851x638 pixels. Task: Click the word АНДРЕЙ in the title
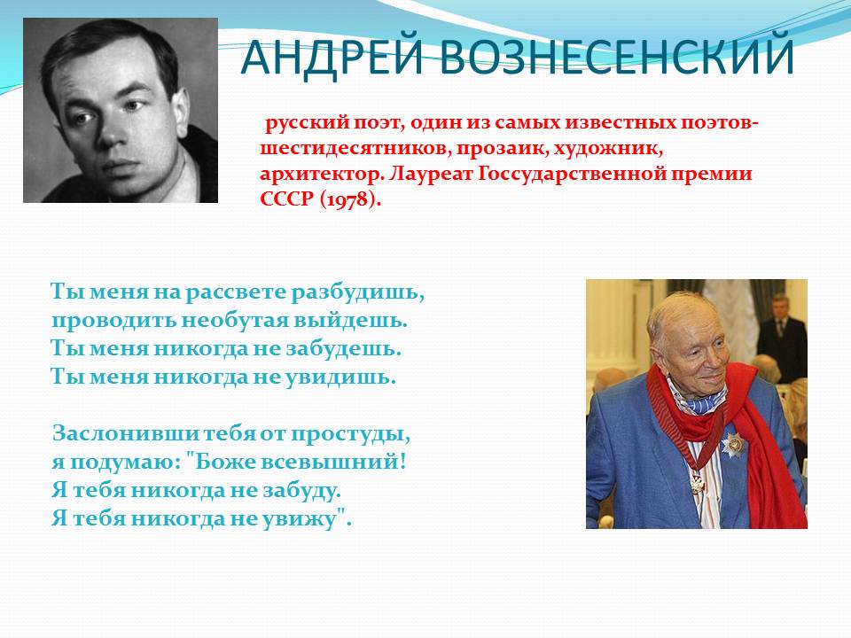[x=332, y=56]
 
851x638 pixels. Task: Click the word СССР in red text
[x=287, y=199]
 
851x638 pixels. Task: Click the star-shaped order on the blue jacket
[x=733, y=446]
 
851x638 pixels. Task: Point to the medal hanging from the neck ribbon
[x=698, y=483]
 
